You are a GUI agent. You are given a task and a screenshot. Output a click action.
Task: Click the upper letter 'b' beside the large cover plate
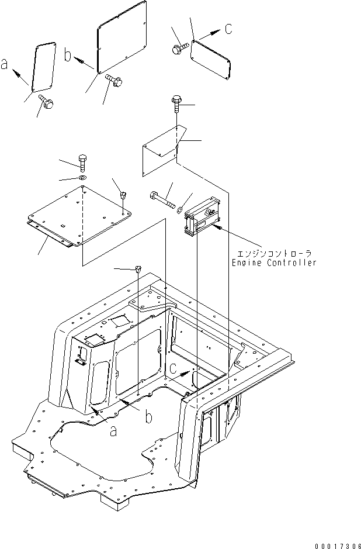point(68,56)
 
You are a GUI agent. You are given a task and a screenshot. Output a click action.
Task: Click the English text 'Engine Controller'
point(273,263)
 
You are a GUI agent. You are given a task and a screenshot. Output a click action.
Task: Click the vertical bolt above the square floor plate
point(82,162)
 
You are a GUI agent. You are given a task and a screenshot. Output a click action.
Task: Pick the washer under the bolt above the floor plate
point(82,177)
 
